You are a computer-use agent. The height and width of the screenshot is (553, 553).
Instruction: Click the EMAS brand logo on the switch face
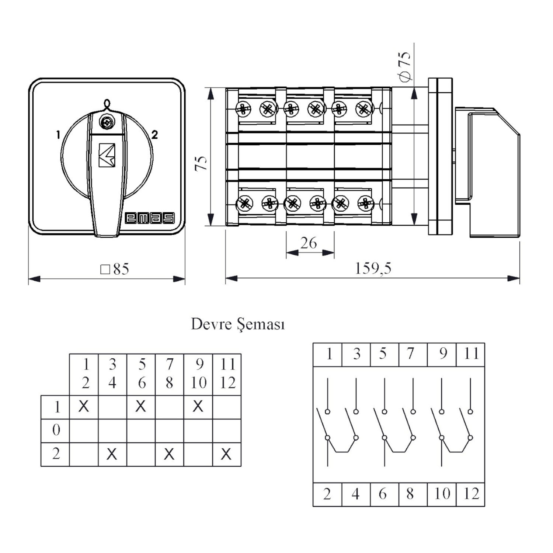tap(149, 218)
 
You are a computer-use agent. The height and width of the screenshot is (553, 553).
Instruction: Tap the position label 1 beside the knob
tap(58, 135)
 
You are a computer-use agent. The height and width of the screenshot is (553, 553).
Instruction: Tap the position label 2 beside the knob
tap(154, 135)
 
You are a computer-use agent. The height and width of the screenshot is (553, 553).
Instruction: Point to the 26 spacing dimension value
tap(309, 243)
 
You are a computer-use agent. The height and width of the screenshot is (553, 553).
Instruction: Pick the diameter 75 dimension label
tap(404, 66)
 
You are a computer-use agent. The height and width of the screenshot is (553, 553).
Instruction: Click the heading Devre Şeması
tap(238, 324)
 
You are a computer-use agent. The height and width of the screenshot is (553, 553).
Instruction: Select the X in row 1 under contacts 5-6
tap(141, 406)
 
